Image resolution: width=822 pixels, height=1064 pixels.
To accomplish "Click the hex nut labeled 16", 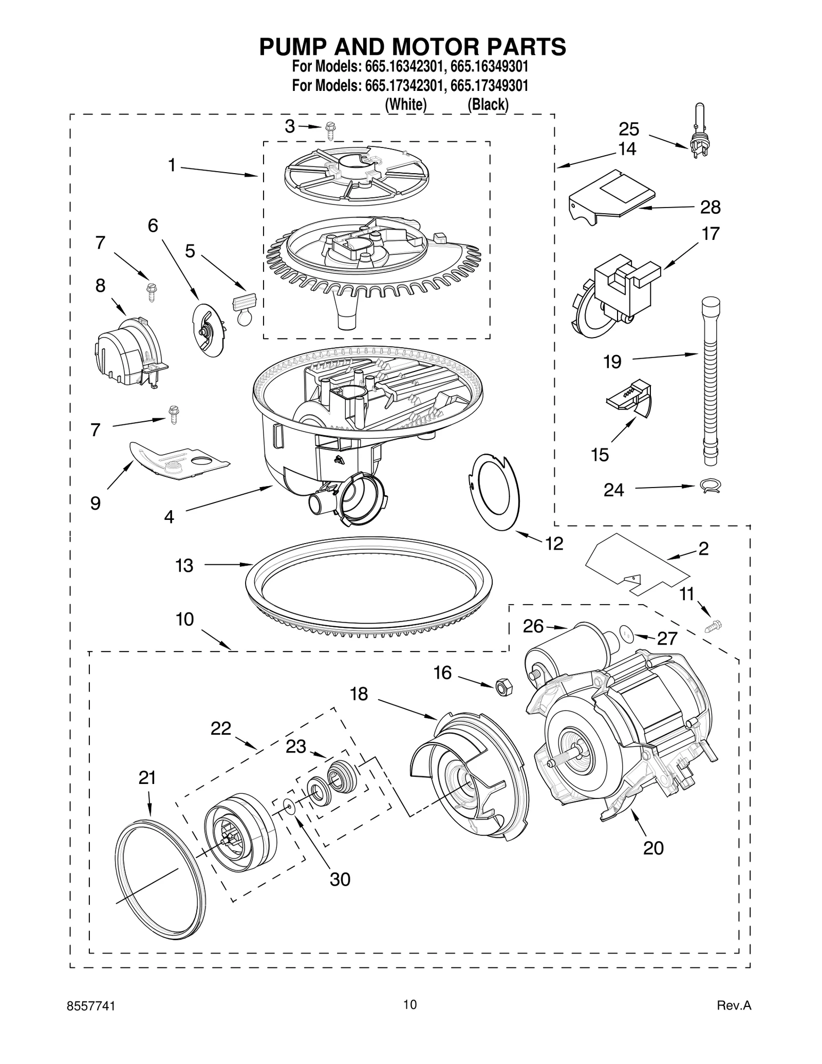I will click(x=502, y=687).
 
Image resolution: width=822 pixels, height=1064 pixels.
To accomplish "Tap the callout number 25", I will click(x=628, y=129).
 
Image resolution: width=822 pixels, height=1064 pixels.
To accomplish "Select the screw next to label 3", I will click(x=330, y=132).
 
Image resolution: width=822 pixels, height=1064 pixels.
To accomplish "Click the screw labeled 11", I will click(x=714, y=626).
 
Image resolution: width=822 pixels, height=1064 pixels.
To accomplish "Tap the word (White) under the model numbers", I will click(x=406, y=104).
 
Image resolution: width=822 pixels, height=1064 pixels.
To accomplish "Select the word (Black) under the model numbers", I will click(x=488, y=104).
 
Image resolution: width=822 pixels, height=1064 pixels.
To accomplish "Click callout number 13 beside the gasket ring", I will click(x=184, y=566).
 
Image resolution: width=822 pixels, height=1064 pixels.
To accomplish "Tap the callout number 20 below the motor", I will click(x=653, y=848).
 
